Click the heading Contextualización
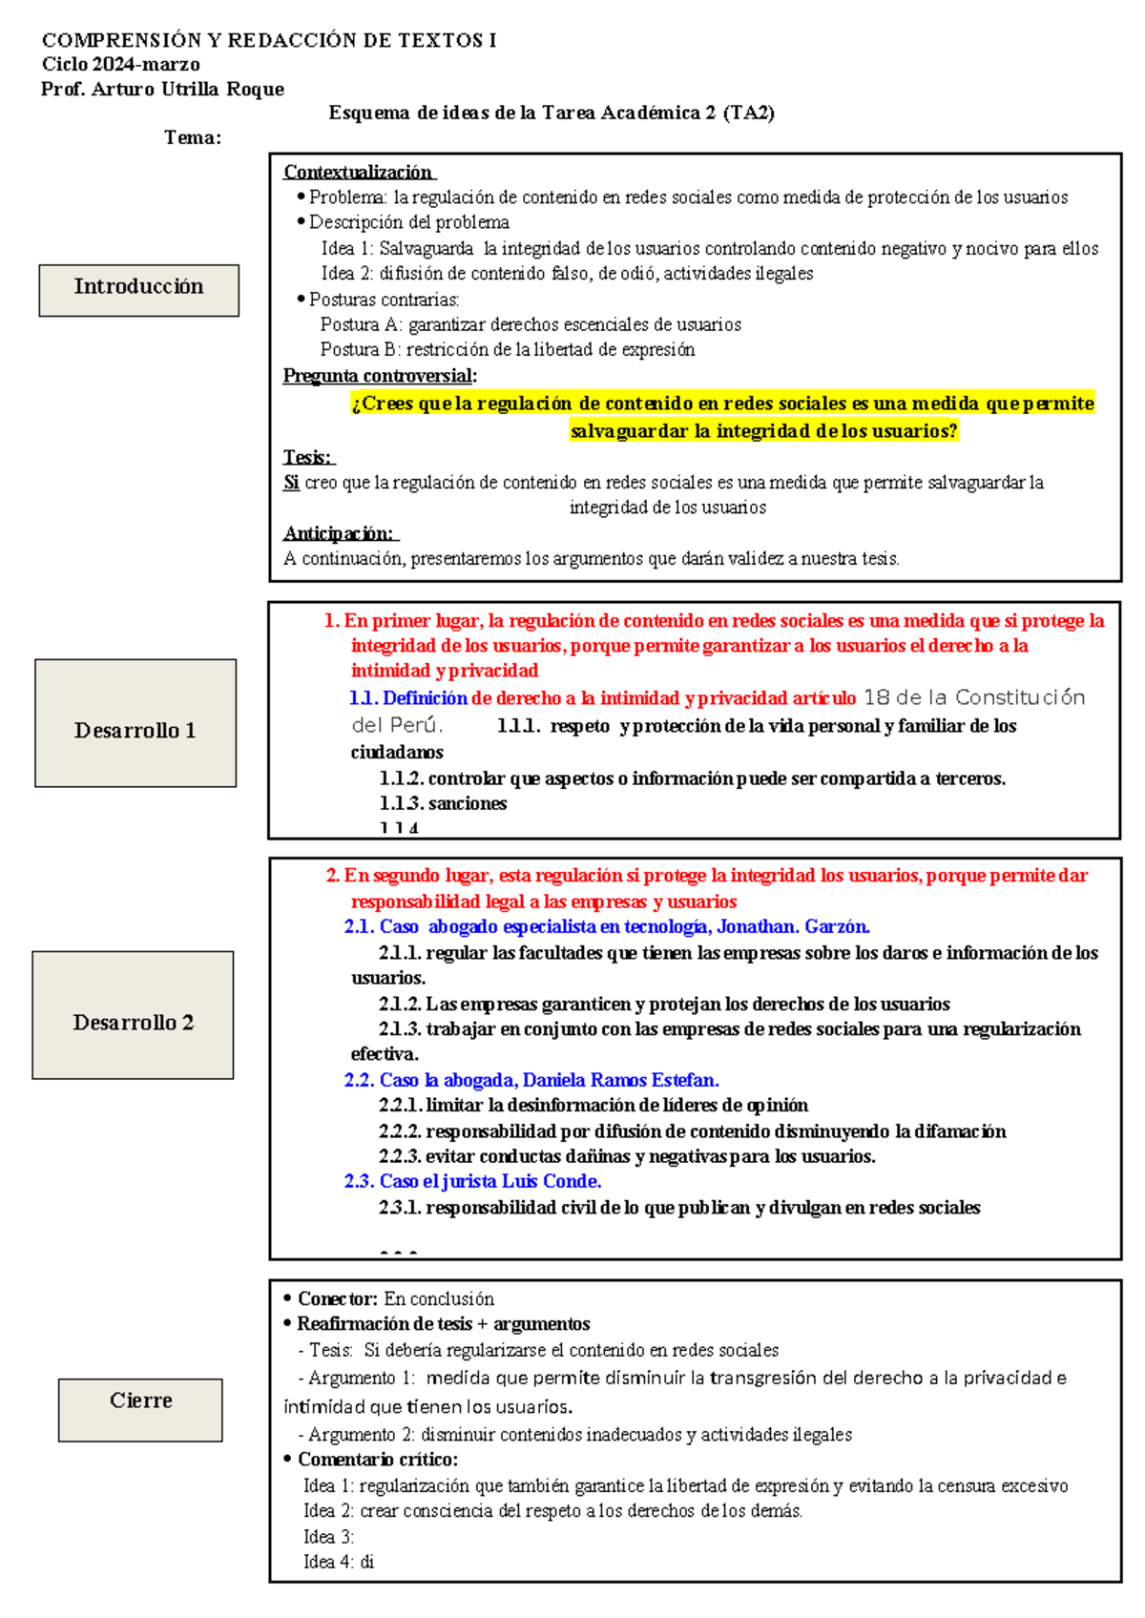(358, 173)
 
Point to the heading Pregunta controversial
(379, 376)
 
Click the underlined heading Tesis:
(308, 458)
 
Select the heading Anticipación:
(340, 533)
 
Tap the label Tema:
(192, 138)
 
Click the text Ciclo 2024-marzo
(120, 65)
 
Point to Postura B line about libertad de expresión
(507, 350)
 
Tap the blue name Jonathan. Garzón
(792, 927)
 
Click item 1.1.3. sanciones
(443, 804)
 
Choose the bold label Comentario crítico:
(377, 1460)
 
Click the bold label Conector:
(337, 1299)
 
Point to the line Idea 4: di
(339, 1562)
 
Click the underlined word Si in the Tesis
(291, 484)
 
